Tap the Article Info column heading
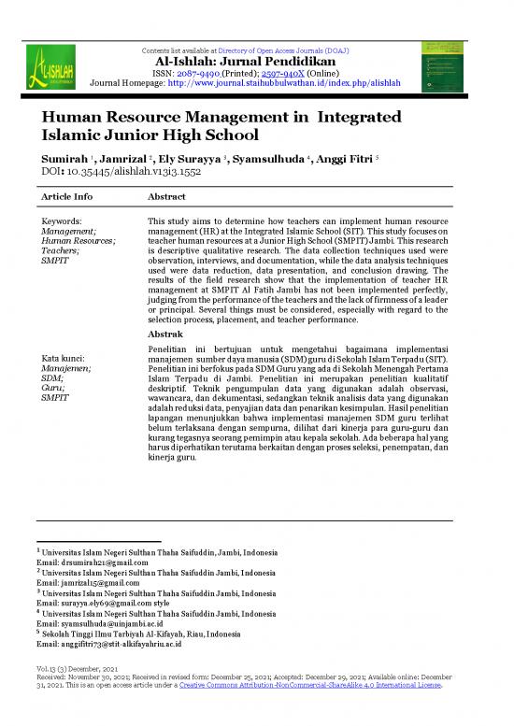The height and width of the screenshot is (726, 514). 68,197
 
